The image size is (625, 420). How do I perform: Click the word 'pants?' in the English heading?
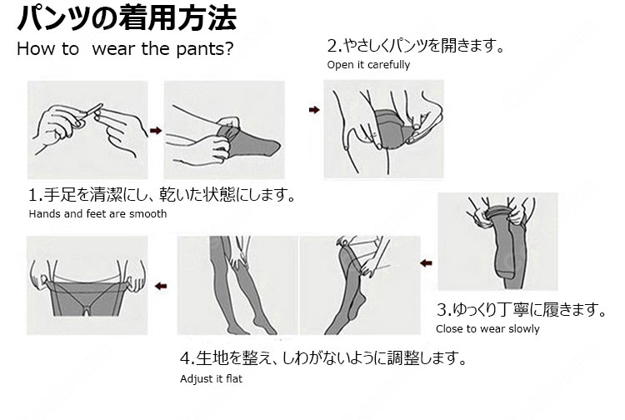pos(203,47)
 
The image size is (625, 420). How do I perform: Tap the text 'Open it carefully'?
pos(368,65)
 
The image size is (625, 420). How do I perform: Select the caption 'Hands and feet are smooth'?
pos(97,213)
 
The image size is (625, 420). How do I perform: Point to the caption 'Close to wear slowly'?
pos(487,328)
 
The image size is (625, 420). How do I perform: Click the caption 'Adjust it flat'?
pos(213,379)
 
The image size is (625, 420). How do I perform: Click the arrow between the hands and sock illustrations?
pos(154,129)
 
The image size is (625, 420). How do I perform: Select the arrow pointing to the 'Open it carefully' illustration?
pos(314,109)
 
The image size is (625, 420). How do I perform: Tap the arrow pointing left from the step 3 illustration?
pos(426,262)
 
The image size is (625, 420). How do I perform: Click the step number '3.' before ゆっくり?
pos(443,311)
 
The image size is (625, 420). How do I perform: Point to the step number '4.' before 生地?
pos(187,359)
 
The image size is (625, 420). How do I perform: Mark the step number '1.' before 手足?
pos(35,196)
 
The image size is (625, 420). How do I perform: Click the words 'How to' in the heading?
pos(48,47)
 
